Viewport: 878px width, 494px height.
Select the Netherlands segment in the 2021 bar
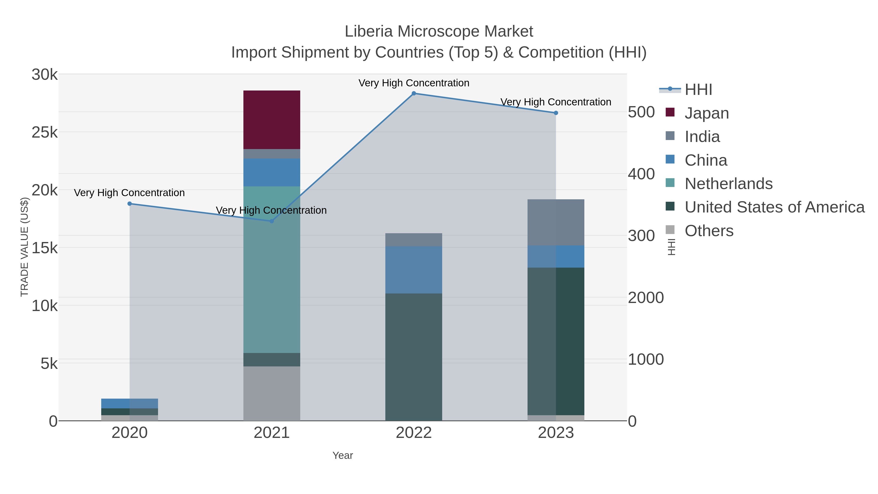coord(272,269)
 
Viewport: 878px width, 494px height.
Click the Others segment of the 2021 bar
coord(272,393)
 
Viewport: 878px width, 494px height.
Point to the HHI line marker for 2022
coord(414,93)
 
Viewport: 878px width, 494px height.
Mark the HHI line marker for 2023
coord(556,113)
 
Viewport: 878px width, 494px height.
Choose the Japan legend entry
coord(706,113)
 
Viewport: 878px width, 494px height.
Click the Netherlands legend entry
coord(728,184)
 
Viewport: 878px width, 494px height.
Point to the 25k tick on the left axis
coord(45,132)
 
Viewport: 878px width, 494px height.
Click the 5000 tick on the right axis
coord(641,112)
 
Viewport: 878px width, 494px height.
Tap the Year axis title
coord(343,455)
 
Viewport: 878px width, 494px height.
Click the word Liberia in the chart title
coord(369,31)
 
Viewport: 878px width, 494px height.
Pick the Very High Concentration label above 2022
coord(414,83)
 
